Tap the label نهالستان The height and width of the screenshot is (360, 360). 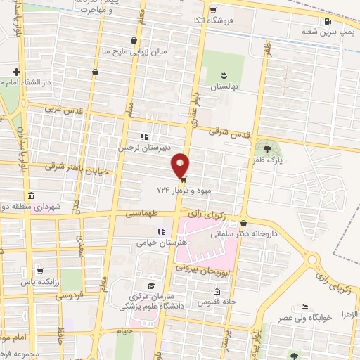pos(226,86)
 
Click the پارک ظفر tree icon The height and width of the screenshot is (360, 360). pos(266,148)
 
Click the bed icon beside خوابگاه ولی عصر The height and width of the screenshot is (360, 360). pos(304,307)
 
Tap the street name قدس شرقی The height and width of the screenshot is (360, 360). pos(232,133)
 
